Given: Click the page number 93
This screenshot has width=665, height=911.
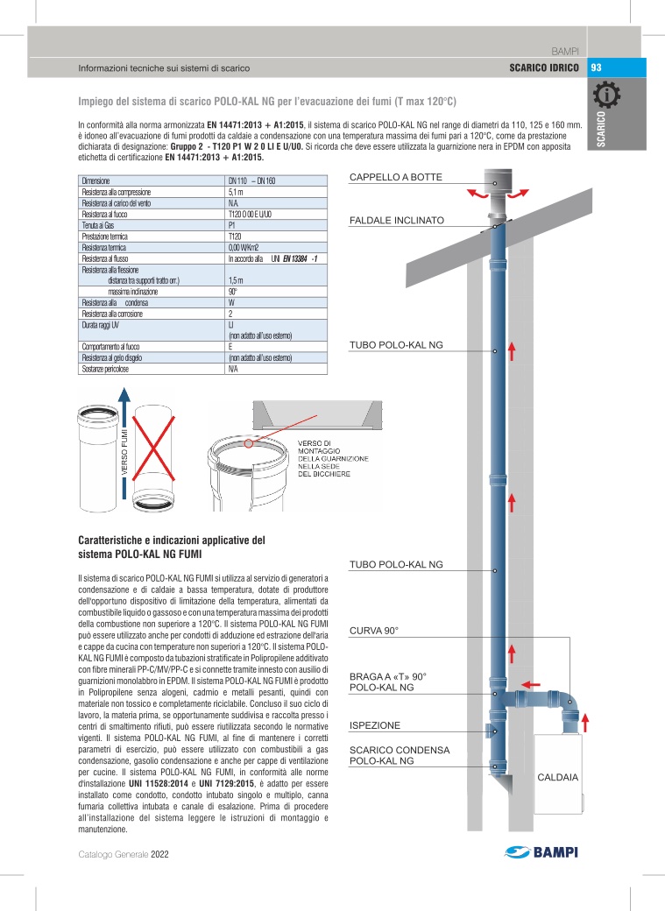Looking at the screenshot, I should tap(596, 67).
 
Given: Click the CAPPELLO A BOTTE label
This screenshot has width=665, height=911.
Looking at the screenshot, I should tap(396, 178).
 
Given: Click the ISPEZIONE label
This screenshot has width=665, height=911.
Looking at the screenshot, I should tap(375, 726).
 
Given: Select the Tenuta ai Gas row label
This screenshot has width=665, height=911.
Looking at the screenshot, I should tap(99, 225).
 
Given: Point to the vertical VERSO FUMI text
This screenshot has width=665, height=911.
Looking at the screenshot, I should tap(125, 451).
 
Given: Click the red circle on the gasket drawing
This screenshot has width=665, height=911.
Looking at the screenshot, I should tap(251, 444).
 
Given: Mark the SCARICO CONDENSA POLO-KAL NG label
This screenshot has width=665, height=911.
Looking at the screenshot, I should tap(400, 756).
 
